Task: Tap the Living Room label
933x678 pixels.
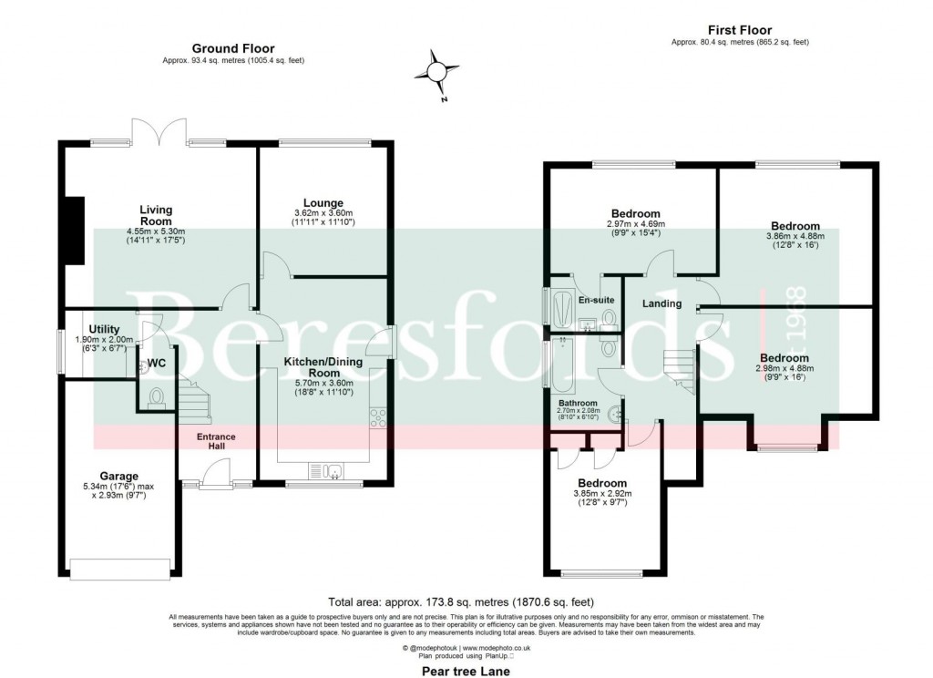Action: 156,215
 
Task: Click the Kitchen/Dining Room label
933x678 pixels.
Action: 323,367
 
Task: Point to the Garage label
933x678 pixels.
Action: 119,476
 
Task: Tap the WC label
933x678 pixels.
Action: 158,363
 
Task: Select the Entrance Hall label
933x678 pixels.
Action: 216,441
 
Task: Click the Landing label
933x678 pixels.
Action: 661,303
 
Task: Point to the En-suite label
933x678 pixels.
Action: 596,298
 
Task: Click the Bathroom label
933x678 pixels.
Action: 578,403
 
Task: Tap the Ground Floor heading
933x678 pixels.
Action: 233,48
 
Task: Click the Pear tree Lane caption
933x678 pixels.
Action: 465,671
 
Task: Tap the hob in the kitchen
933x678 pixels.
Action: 378,417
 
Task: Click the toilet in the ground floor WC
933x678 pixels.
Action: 156,396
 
